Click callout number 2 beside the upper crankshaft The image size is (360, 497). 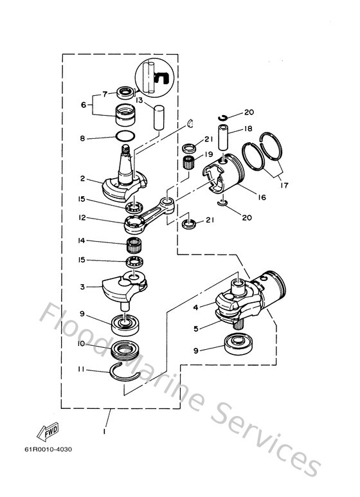click(82, 179)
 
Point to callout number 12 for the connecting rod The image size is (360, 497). click(82, 219)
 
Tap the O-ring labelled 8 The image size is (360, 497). click(126, 136)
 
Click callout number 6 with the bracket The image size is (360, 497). click(82, 105)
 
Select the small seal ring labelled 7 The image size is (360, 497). click(125, 91)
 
